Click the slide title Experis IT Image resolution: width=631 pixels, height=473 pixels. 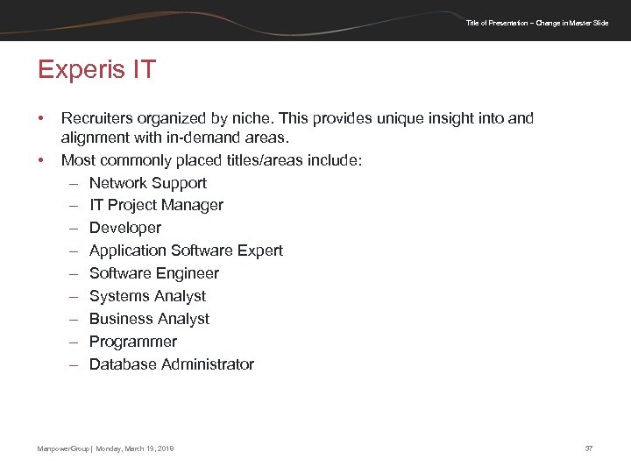click(96, 69)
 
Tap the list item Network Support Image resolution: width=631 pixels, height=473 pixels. click(148, 183)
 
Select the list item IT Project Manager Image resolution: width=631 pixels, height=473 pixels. click(156, 205)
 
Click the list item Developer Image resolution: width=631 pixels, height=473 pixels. click(125, 228)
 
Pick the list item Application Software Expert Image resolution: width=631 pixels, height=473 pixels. click(186, 251)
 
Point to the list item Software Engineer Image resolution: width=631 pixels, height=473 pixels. click(154, 273)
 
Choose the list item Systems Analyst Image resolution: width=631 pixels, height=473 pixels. click(147, 296)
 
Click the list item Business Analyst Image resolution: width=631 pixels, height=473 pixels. click(149, 319)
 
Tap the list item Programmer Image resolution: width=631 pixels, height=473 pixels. click(133, 342)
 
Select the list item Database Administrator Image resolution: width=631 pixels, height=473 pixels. click(172, 364)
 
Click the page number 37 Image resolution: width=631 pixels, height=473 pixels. click(589, 448)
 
